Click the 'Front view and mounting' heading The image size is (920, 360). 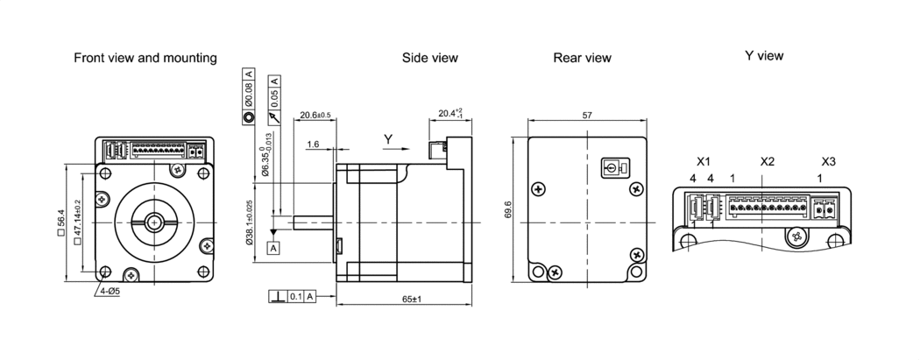pos(145,58)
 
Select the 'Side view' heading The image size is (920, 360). pos(429,58)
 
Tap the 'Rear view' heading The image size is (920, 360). pos(582,58)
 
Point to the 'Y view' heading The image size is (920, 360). pos(764,55)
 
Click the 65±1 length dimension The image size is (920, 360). pos(412,300)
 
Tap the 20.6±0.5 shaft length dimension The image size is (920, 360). pos(315,115)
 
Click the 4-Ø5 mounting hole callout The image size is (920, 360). pos(109,291)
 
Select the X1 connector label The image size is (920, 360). pos(703,162)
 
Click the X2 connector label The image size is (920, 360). pos(768,162)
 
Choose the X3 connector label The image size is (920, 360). pos(828,162)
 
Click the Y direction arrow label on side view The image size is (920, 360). pos(388,139)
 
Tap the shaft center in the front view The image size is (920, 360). pos(155,222)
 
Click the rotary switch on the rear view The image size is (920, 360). pos(612,167)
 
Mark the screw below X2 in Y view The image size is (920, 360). pos(796,236)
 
